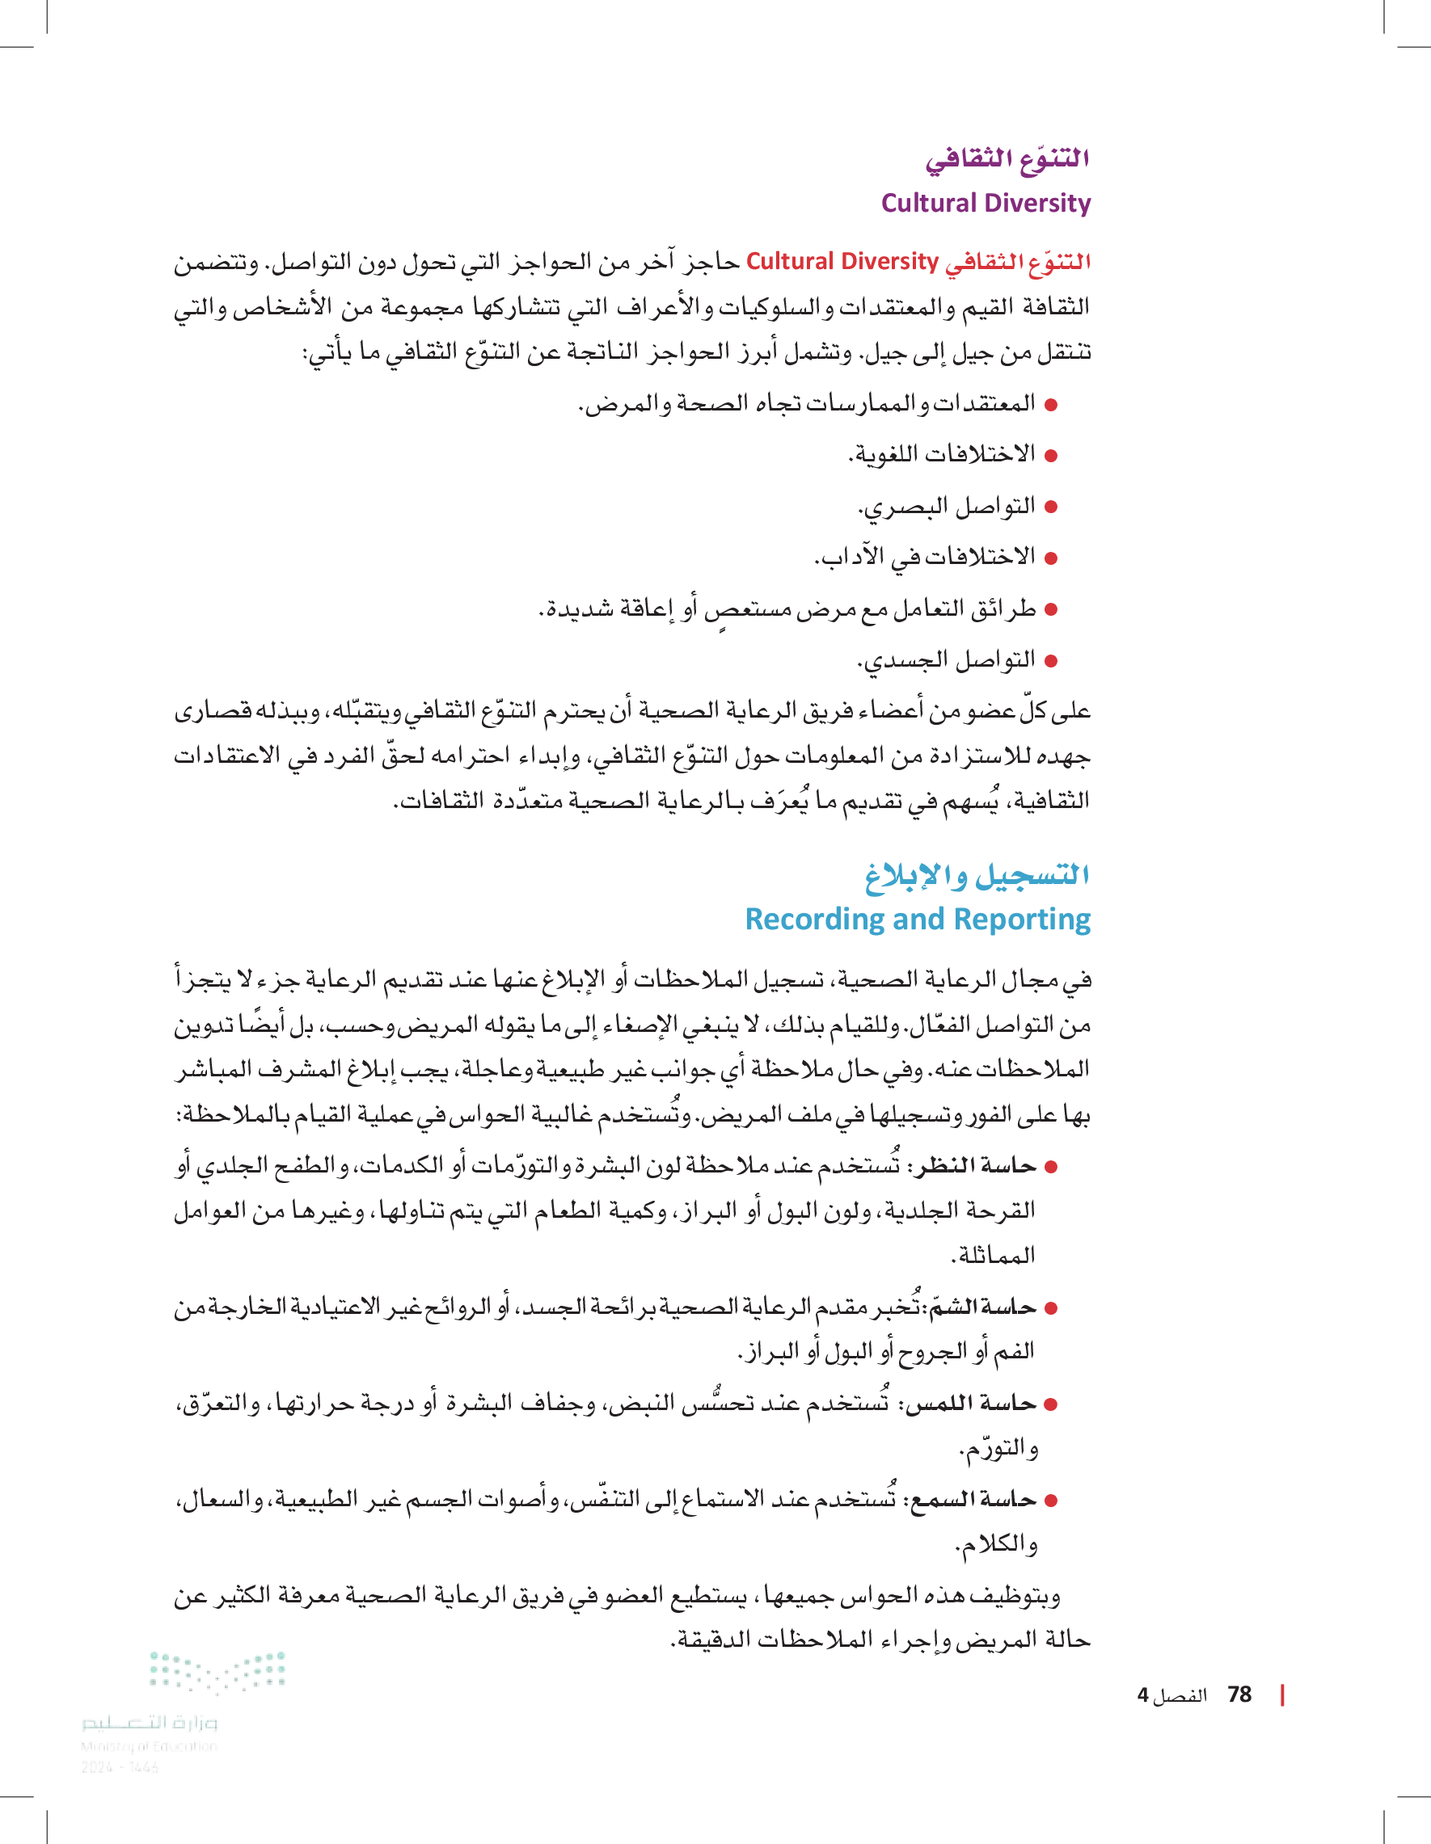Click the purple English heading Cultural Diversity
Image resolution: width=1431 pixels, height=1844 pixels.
tap(985, 204)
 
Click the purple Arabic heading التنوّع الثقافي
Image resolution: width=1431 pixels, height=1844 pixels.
tap(1006, 158)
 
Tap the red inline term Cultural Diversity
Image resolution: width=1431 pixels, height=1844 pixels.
tap(842, 262)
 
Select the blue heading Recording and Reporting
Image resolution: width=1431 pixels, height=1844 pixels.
tap(918, 919)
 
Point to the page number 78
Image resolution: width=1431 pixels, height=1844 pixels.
tap(1239, 1695)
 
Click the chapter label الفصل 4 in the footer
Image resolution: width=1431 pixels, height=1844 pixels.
tap(1171, 1695)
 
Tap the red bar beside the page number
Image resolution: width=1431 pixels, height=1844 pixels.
tap(1282, 1695)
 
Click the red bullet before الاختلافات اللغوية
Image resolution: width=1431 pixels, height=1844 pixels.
tap(1052, 456)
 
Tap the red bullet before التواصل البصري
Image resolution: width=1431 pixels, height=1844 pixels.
tap(1052, 507)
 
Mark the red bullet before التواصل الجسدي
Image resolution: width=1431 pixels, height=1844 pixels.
tap(1052, 661)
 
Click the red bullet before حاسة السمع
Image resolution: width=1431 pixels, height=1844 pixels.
tap(1052, 1501)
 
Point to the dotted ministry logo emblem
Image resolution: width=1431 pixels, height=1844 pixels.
tap(218, 1673)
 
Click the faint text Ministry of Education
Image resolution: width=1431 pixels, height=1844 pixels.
tap(149, 1746)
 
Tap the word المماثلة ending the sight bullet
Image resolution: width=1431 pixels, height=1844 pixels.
tap(994, 1256)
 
